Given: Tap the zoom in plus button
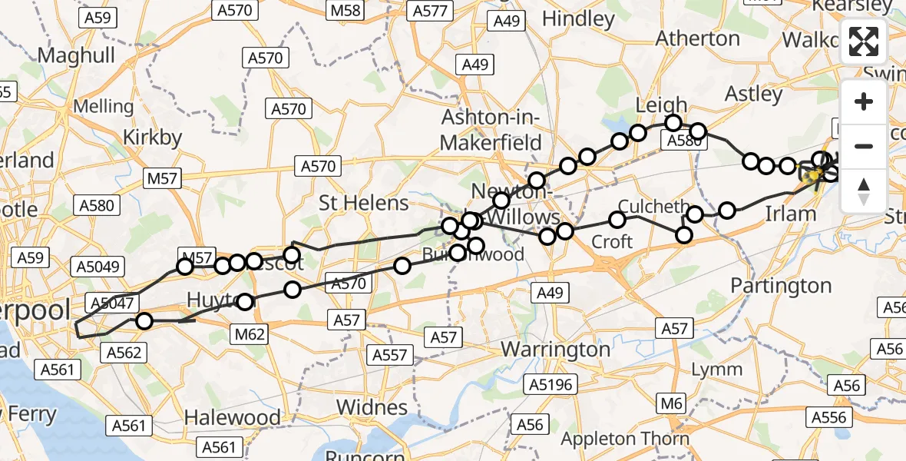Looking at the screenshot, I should click(x=864, y=101).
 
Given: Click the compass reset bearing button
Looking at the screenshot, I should click(x=864, y=191).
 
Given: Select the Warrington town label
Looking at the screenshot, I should click(x=556, y=350).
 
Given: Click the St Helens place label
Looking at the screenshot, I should click(x=364, y=204).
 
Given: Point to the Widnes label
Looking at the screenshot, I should click(x=372, y=407).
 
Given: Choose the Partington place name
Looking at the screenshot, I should click(x=781, y=286).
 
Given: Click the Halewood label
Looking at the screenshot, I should click(x=233, y=418).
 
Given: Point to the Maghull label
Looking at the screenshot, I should click(x=76, y=55).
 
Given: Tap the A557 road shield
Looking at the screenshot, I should click(x=391, y=355).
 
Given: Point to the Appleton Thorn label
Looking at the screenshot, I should click(x=625, y=439).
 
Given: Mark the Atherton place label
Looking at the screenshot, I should click(x=699, y=38).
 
